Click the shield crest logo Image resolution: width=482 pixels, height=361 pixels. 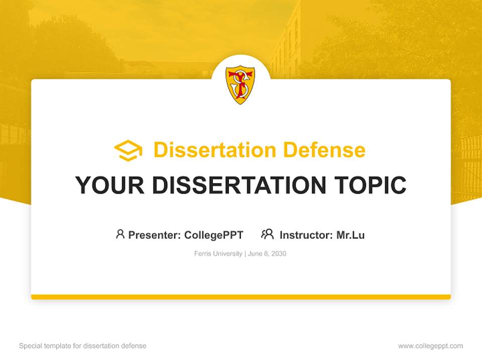pyautogui.click(x=240, y=84)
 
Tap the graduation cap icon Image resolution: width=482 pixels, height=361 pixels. pyautogui.click(x=128, y=150)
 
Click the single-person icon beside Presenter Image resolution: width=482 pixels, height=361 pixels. pyautogui.click(x=120, y=234)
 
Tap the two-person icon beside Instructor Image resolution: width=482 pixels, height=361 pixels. pyautogui.click(x=267, y=234)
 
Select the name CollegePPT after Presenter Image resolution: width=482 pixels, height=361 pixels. pyautogui.click(x=214, y=235)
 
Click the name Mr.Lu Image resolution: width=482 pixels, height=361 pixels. pyautogui.click(x=350, y=235)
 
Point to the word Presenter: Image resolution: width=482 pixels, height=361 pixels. pyautogui.click(x=155, y=235)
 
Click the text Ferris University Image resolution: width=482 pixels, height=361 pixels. pyautogui.click(x=218, y=254)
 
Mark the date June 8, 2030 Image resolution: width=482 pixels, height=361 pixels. pyautogui.click(x=267, y=254)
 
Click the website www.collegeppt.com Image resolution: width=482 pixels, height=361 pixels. pyautogui.click(x=430, y=346)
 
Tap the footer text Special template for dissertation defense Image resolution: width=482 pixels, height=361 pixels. pyautogui.click(x=82, y=346)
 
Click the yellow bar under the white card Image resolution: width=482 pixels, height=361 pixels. pyautogui.click(x=241, y=297)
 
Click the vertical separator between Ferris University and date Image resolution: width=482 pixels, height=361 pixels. pyautogui.click(x=245, y=254)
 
